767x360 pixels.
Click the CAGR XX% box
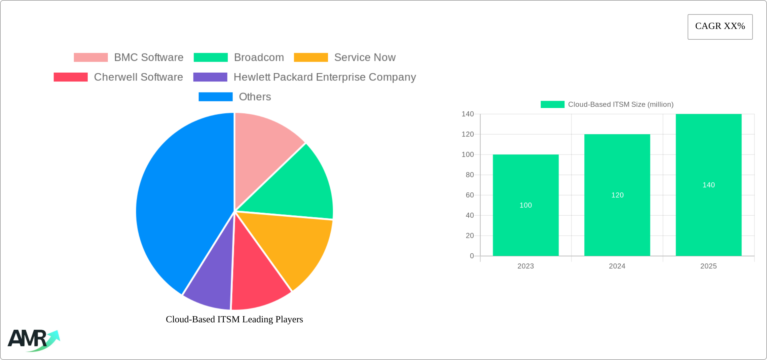point(720,27)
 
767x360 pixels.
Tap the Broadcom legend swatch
point(211,58)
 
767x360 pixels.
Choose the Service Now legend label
point(365,58)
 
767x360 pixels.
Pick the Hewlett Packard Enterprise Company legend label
point(325,77)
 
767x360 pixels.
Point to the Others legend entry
point(255,97)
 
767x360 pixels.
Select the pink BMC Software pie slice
point(262,148)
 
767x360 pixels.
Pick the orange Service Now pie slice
point(296,246)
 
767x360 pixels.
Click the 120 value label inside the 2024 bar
point(617,195)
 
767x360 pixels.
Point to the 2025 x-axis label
point(708,266)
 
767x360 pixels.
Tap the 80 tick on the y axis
point(470,175)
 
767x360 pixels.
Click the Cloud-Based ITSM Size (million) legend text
point(621,105)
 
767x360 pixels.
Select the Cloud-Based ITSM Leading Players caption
point(234,319)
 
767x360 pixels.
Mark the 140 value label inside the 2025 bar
point(708,185)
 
